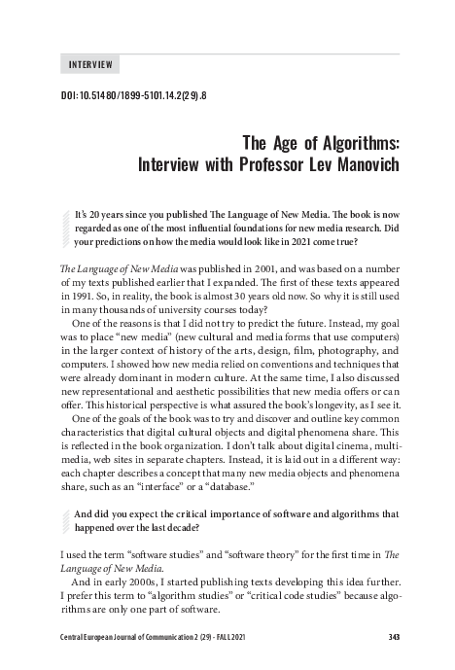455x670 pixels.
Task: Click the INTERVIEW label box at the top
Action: pyautogui.click(x=89, y=65)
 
